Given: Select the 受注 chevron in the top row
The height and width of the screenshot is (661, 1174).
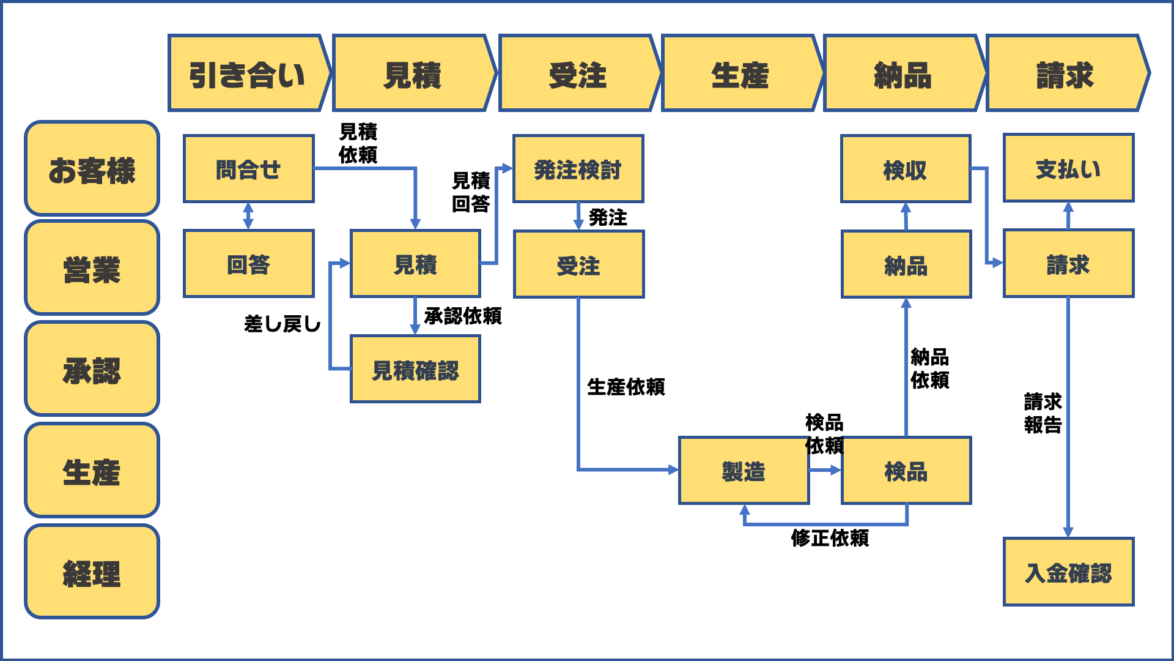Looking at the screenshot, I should (x=577, y=74).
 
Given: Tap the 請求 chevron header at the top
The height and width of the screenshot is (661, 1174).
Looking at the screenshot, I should (x=1065, y=74).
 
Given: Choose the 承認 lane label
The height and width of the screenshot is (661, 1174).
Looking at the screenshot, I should (x=92, y=369).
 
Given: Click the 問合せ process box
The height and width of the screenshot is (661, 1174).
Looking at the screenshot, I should (x=248, y=168).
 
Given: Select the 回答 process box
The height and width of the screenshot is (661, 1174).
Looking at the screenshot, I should (x=248, y=264).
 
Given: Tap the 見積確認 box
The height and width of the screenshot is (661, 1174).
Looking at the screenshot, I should (x=415, y=369).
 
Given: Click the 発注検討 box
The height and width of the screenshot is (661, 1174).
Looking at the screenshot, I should (x=578, y=168).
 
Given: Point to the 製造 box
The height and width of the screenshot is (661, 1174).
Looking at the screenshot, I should (x=744, y=470).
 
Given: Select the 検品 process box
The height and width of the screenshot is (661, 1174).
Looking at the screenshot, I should (x=906, y=470).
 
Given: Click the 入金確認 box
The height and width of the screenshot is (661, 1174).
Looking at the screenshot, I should (x=1068, y=572).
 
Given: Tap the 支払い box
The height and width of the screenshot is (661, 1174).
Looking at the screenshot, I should (x=1068, y=168).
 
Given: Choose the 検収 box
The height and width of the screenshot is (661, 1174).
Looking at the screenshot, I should (x=905, y=168).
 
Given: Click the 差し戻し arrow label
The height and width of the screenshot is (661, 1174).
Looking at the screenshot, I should (x=282, y=323).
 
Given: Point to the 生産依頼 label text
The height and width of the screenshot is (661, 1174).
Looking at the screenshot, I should (x=626, y=386).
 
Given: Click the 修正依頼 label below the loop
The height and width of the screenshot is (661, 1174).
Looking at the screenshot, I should (x=829, y=537).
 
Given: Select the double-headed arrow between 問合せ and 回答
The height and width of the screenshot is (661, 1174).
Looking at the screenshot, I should (x=248, y=216).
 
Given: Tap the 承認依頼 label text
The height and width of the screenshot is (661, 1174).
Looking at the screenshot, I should (x=462, y=316).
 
